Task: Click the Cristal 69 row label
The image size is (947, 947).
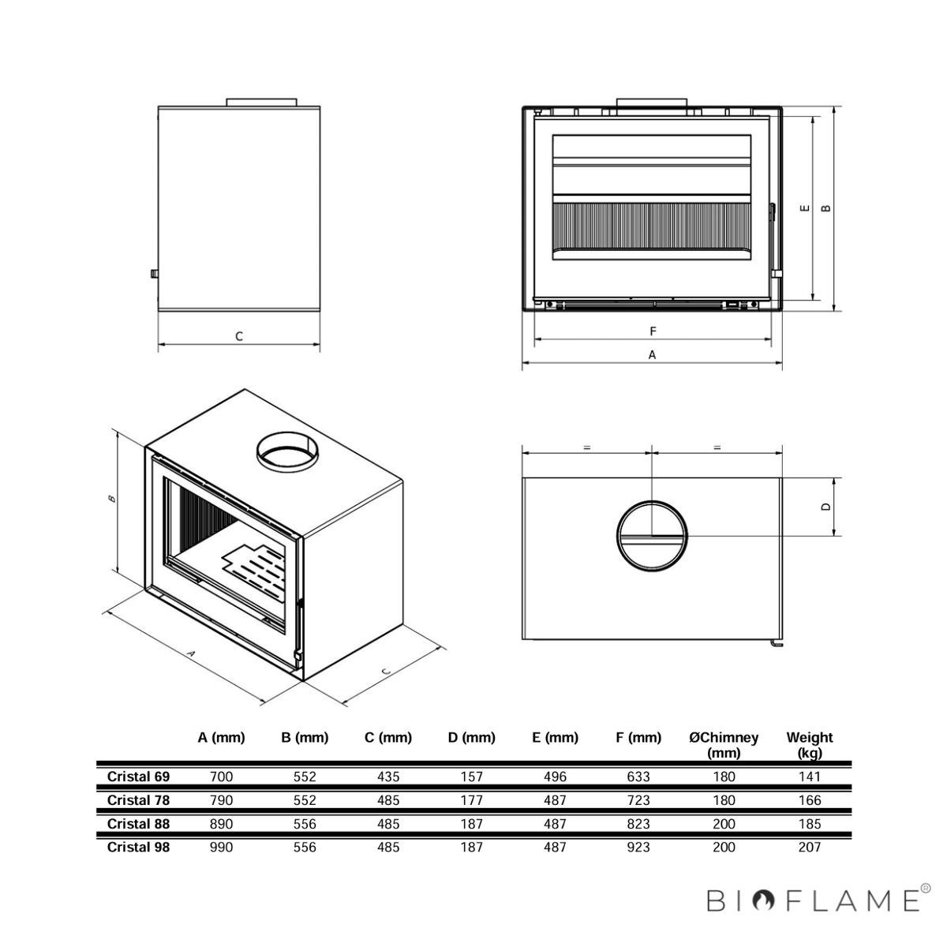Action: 138,777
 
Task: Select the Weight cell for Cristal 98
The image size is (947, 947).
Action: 810,848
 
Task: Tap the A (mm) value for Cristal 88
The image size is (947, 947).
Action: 221,824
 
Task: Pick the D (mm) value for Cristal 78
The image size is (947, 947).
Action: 471,800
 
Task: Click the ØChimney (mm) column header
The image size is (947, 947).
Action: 724,745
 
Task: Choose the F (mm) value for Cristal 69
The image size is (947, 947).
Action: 638,777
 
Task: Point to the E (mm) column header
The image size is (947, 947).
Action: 555,738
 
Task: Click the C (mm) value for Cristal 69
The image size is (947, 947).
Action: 388,777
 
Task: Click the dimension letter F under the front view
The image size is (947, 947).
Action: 653,331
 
